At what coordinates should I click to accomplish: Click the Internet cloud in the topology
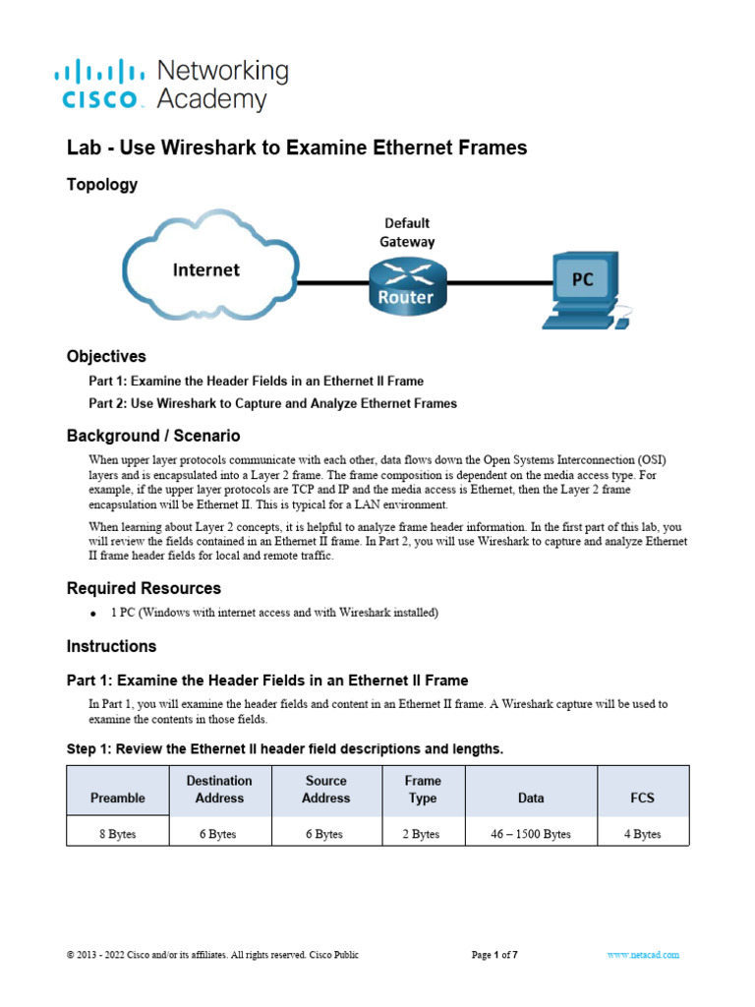click(x=206, y=269)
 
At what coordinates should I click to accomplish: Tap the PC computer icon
click(x=585, y=289)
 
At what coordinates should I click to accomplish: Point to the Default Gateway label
click(x=407, y=232)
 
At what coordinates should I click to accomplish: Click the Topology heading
click(x=102, y=185)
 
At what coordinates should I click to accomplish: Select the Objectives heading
click(x=106, y=356)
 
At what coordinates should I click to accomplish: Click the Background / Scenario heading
click(x=153, y=435)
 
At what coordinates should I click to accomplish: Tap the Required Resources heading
click(x=144, y=588)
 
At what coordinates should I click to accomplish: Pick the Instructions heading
click(x=111, y=646)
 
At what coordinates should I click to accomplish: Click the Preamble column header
click(x=117, y=798)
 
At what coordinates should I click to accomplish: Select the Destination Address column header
click(x=219, y=789)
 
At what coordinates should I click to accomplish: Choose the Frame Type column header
click(x=423, y=789)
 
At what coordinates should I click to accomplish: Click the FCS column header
click(x=643, y=798)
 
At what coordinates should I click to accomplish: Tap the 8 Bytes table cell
click(x=117, y=834)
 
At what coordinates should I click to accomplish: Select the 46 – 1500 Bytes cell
click(x=530, y=834)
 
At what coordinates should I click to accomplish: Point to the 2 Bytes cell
click(x=423, y=834)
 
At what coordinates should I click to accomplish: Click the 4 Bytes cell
click(x=643, y=834)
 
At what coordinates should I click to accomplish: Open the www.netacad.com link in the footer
click(x=643, y=955)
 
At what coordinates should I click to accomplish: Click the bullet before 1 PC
click(x=91, y=614)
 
